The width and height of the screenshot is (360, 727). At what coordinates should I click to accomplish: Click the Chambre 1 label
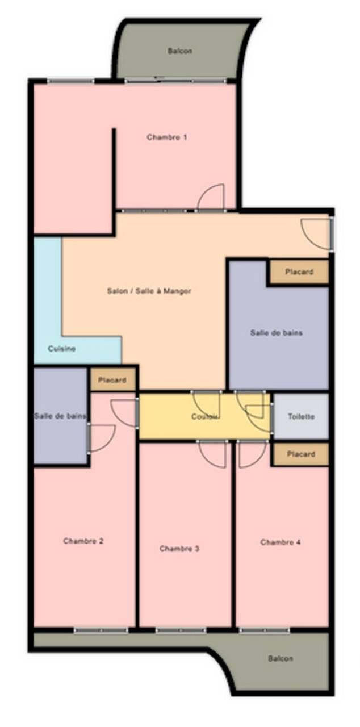click(167, 137)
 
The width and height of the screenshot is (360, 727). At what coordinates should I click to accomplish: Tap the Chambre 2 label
click(83, 541)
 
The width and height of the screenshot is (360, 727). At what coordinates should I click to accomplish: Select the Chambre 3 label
click(179, 549)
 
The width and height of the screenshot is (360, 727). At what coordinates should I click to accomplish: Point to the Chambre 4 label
click(281, 542)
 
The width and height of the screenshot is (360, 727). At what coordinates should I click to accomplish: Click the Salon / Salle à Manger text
click(149, 291)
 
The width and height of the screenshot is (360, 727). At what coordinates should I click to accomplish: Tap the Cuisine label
click(61, 349)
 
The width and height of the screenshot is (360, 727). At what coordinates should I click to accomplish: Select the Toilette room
click(301, 416)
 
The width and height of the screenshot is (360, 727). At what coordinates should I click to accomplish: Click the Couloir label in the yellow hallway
click(205, 417)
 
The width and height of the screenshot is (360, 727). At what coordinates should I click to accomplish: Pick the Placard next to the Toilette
click(300, 454)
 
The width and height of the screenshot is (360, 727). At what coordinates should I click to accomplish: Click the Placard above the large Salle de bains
click(299, 272)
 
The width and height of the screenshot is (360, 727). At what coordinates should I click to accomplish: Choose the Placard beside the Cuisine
click(112, 380)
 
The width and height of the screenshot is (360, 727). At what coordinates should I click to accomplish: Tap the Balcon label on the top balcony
click(179, 51)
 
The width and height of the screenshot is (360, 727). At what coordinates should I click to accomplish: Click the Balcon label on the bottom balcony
click(281, 659)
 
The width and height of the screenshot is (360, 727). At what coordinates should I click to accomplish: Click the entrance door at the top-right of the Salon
click(316, 233)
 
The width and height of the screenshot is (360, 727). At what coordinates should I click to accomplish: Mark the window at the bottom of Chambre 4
click(265, 630)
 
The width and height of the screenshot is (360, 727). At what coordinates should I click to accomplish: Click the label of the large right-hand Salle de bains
click(277, 333)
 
